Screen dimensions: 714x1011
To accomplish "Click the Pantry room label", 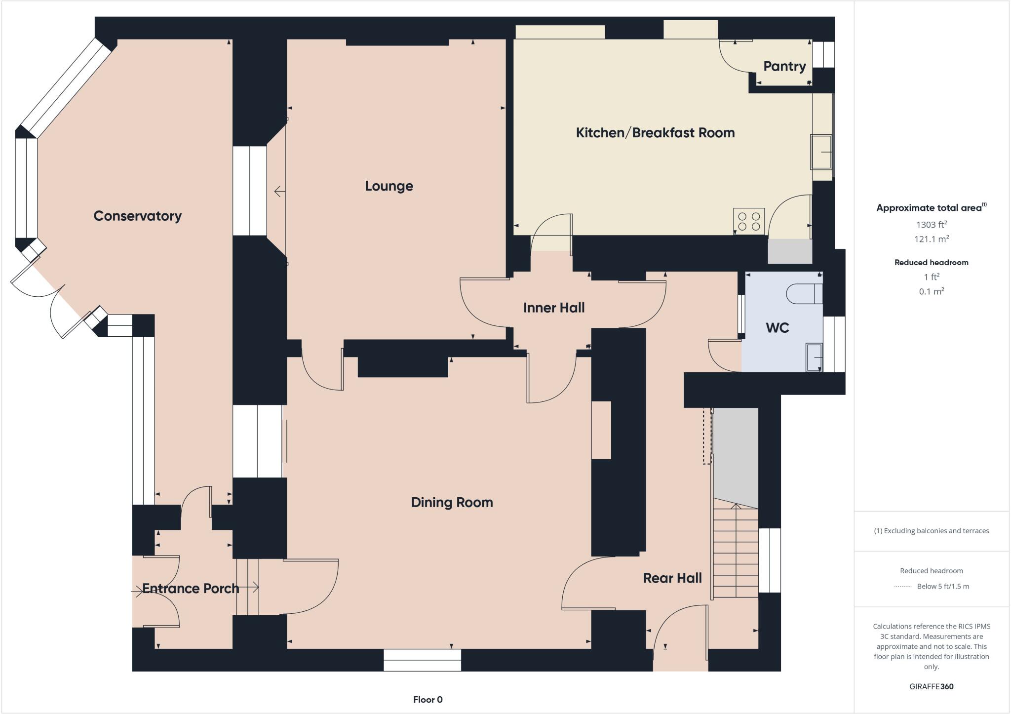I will point(784,66).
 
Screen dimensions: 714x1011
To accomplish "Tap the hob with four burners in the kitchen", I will point(749,221).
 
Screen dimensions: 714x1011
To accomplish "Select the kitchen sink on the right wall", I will point(821,152).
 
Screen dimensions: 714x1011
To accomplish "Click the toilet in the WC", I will point(804,294).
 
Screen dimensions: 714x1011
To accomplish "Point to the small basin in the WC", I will point(814,357).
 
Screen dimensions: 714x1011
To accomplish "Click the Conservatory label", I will point(137,216).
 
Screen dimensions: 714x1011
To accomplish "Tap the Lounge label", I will point(389,186).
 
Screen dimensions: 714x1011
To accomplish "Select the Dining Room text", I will point(452,503).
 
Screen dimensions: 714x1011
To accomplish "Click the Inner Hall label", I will point(554,308).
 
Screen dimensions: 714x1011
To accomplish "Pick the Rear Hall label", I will point(672,578).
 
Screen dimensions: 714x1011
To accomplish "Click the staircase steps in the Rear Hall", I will point(736,553).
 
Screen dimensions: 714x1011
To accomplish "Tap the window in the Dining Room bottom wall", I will point(422,660).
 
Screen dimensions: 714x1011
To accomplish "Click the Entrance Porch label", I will point(191,589).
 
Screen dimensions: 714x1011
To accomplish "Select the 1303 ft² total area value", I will point(931,225).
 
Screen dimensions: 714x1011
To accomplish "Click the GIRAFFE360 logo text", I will point(931,686).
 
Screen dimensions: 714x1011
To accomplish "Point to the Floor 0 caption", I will point(428,700).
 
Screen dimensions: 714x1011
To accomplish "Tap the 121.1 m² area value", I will point(931,239).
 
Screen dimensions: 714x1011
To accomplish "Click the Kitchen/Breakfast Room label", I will point(655,133).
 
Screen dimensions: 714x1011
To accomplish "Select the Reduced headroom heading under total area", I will point(931,263).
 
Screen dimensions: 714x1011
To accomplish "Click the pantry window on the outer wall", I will point(823,54).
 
